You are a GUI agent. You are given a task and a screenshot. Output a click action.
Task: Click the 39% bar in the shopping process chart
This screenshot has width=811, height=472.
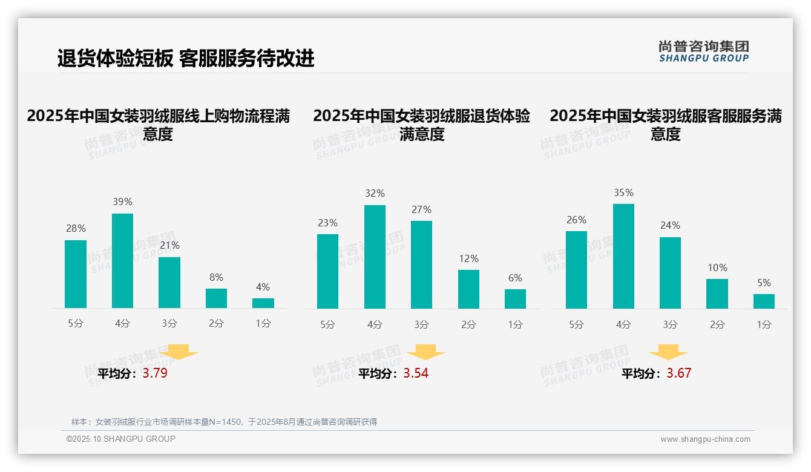tap(122, 261)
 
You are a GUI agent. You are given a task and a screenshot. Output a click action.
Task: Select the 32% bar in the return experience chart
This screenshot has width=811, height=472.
tap(375, 257)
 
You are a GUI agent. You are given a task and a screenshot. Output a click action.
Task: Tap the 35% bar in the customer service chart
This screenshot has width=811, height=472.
tap(623, 257)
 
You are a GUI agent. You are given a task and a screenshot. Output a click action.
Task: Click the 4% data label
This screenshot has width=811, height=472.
tap(263, 287)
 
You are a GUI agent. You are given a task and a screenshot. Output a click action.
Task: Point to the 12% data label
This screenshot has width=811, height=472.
tap(468, 258)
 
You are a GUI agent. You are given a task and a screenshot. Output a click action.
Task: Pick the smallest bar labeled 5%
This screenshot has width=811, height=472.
tap(764, 301)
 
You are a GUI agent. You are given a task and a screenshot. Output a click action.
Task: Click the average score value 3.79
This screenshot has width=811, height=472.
tap(155, 373)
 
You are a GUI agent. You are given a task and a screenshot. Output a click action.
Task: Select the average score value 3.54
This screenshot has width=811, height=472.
tap(416, 373)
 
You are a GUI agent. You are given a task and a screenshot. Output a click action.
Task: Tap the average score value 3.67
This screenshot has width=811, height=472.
tap(678, 373)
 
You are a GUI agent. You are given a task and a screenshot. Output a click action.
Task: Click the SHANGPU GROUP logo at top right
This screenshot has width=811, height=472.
tap(703, 51)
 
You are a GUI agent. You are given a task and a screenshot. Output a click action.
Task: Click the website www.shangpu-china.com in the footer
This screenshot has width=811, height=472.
tap(705, 439)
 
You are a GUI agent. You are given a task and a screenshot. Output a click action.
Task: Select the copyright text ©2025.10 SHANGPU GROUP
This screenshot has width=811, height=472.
tap(121, 439)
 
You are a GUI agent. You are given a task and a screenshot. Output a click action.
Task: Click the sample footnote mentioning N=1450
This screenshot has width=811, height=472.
tap(224, 422)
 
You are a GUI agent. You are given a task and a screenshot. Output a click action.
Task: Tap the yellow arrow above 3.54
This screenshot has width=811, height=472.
tap(425, 352)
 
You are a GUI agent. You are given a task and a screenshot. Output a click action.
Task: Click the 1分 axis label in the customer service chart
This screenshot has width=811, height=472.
tap(764, 324)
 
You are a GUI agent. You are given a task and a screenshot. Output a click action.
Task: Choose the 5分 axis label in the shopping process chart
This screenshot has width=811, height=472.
tap(76, 324)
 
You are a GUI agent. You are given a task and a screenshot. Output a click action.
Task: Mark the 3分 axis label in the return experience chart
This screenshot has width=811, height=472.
tap(421, 324)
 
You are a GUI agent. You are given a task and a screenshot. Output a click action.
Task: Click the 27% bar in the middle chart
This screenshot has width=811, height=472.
tap(421, 264)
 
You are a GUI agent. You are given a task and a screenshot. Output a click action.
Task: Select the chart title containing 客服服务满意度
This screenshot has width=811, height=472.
tap(666, 125)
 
